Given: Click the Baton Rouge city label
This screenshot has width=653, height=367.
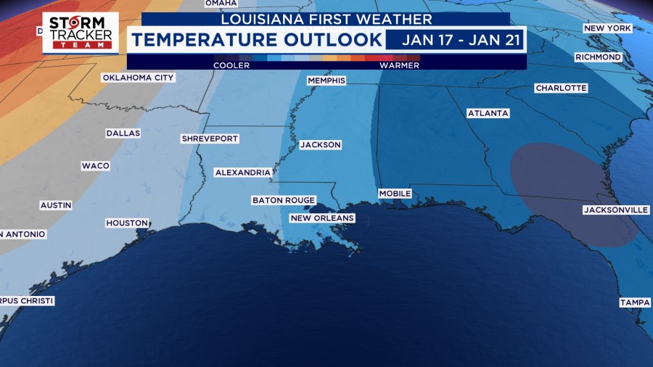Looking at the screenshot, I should coord(283,200).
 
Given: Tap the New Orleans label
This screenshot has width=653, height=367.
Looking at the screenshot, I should coord(321,218).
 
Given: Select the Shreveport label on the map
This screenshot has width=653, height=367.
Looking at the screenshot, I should coord(210,139).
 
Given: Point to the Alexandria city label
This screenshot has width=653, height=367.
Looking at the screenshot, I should coord(242,173).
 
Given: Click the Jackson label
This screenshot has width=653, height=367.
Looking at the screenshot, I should coord(320,145).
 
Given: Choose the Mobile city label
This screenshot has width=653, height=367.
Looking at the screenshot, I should coord(395,194).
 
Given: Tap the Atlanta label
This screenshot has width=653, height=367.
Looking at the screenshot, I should coord(488,114).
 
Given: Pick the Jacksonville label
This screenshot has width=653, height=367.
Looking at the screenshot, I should coord(615,210).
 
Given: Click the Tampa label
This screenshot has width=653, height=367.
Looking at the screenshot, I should coord(634,302).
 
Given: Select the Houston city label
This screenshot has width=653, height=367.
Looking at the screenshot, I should coord(127,223).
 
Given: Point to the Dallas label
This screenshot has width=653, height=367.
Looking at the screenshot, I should coord(123,133).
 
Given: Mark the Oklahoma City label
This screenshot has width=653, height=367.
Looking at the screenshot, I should coord(138,78).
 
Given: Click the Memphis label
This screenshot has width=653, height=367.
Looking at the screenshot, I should coord(326,81).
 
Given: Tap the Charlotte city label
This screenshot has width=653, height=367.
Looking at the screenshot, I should coord(561,88).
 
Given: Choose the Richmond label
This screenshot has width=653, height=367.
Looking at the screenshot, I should coord(598,57).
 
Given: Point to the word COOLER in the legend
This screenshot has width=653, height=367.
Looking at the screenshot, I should coord(231,65).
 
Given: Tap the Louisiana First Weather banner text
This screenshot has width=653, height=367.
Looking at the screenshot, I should coord(326,20).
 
